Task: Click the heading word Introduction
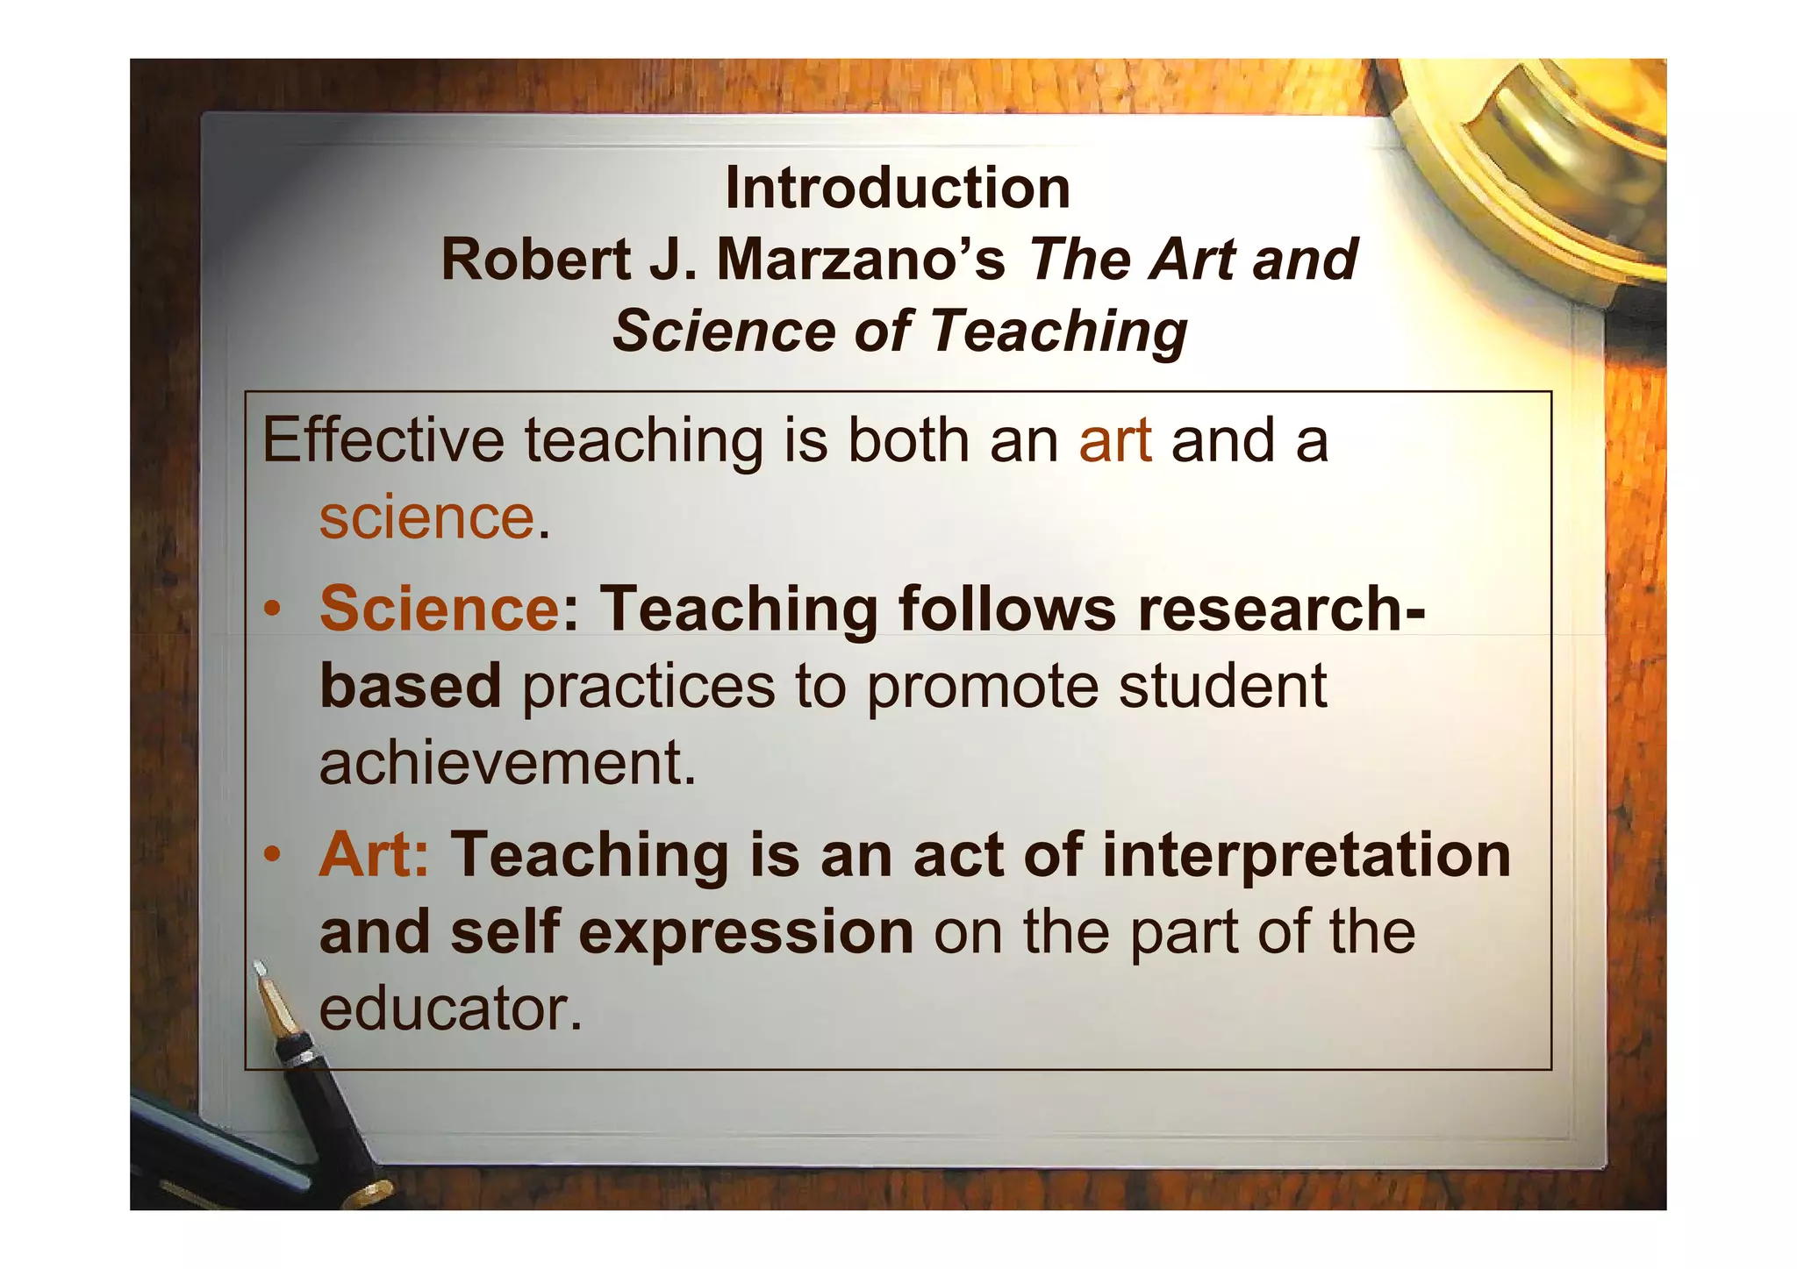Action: [x=898, y=189]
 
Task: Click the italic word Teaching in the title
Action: [x=1058, y=332]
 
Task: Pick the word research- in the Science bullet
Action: [x=1282, y=608]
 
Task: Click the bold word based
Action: [x=410, y=686]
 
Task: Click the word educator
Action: [x=450, y=1009]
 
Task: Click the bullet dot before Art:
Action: [x=275, y=855]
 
